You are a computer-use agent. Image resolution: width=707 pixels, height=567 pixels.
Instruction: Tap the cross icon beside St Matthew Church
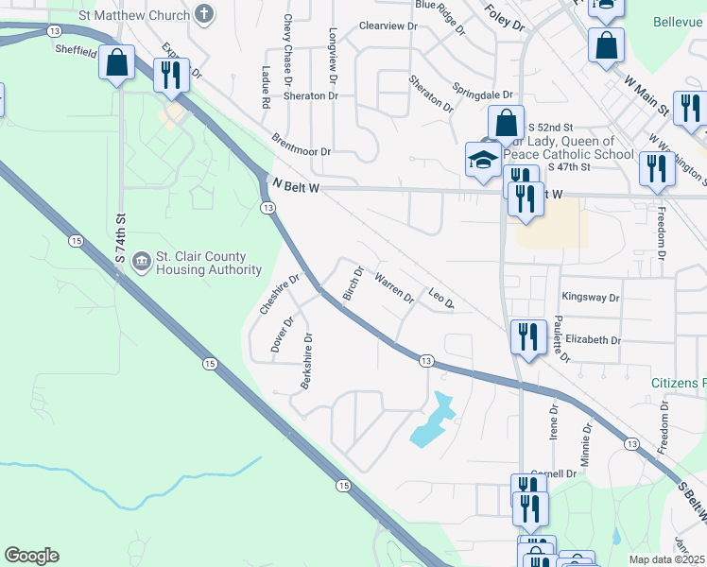(203, 14)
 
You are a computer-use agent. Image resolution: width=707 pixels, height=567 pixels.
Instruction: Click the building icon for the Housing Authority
(141, 259)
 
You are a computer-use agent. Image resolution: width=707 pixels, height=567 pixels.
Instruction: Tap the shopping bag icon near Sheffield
(117, 64)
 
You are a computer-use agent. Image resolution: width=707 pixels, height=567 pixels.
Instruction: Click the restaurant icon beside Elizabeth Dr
(526, 336)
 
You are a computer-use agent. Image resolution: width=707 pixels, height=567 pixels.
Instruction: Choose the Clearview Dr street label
(388, 26)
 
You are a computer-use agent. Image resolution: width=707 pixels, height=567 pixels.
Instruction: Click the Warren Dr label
(394, 289)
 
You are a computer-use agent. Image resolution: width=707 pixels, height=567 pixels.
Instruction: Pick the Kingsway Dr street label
(590, 297)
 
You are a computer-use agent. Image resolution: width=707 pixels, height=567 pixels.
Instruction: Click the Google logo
(31, 556)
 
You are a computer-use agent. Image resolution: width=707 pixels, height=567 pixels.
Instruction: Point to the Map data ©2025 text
(665, 559)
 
